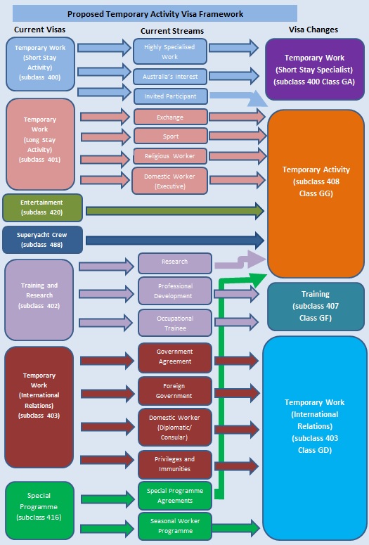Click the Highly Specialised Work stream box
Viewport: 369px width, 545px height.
[170, 51]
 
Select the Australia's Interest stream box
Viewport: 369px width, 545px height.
[170, 77]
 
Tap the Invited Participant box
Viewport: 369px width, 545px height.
[170, 96]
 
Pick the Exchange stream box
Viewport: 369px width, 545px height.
[170, 117]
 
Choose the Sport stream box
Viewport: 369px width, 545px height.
[170, 136]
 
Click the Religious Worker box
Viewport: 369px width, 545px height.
[170, 156]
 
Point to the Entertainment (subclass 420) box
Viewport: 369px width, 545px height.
[42, 207]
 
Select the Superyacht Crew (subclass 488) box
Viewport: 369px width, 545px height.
[42, 240]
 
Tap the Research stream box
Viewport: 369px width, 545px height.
[175, 263]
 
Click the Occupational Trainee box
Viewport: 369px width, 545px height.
[175, 323]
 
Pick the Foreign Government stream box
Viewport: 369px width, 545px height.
[175, 391]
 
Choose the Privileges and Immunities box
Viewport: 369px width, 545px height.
[175, 464]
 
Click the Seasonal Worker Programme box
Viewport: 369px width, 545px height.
[175, 526]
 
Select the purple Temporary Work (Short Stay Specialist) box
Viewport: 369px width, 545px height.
[315, 70]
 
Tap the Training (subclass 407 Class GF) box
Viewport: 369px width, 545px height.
[316, 306]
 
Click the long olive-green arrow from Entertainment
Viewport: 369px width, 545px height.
[175, 211]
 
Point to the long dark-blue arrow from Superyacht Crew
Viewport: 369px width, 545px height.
[175, 241]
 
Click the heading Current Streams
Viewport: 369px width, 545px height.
[172, 31]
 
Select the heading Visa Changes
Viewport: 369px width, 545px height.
[313, 30]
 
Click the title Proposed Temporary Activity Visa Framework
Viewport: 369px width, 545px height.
[155, 14]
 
